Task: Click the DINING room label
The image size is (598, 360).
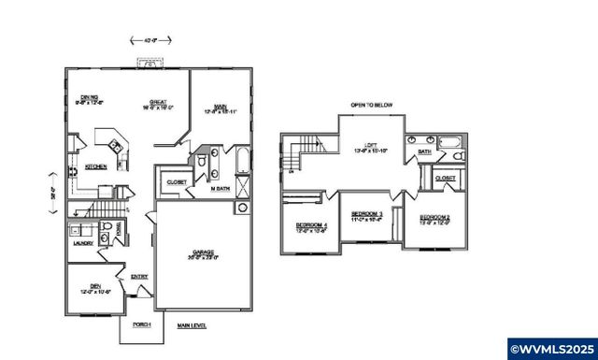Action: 90,97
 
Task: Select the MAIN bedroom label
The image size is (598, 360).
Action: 220,106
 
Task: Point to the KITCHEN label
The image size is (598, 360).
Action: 96,166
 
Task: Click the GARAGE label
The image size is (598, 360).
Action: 204,252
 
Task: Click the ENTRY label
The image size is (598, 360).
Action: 139,276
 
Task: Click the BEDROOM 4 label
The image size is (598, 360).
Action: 311,226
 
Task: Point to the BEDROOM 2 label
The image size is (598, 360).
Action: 435,219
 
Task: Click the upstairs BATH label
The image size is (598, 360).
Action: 424,151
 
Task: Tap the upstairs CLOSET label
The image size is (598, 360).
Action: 445,177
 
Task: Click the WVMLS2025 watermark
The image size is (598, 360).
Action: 550,345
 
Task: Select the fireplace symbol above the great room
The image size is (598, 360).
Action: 147,65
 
